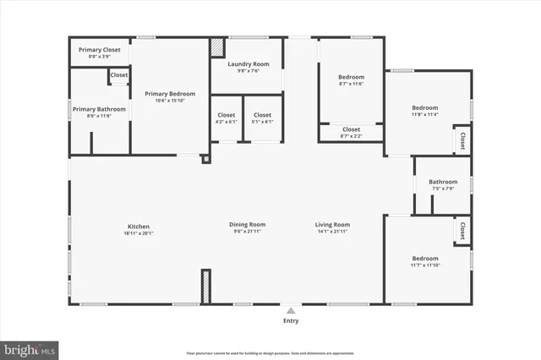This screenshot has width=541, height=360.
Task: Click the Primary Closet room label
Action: pyautogui.click(x=100, y=50)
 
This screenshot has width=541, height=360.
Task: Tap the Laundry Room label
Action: pyautogui.click(x=249, y=64)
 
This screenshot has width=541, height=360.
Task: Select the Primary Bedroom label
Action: pyautogui.click(x=170, y=94)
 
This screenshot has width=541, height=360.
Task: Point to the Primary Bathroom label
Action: pyautogui.click(x=99, y=109)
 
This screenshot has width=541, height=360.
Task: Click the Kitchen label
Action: pyautogui.click(x=139, y=226)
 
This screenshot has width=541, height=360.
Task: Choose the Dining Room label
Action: pyautogui.click(x=247, y=225)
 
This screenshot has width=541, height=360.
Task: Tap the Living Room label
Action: pyautogui.click(x=332, y=225)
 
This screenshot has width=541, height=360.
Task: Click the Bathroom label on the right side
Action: pyautogui.click(x=443, y=182)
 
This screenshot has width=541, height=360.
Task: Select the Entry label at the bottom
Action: pyautogui.click(x=291, y=320)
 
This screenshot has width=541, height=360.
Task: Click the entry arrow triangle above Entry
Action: pyautogui.click(x=291, y=310)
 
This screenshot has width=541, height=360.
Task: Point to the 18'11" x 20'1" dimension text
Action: pyautogui.click(x=139, y=233)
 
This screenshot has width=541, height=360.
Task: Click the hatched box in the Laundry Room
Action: pyautogui.click(x=217, y=47)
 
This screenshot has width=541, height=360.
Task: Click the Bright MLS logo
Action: pyautogui.click(x=30, y=348)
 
